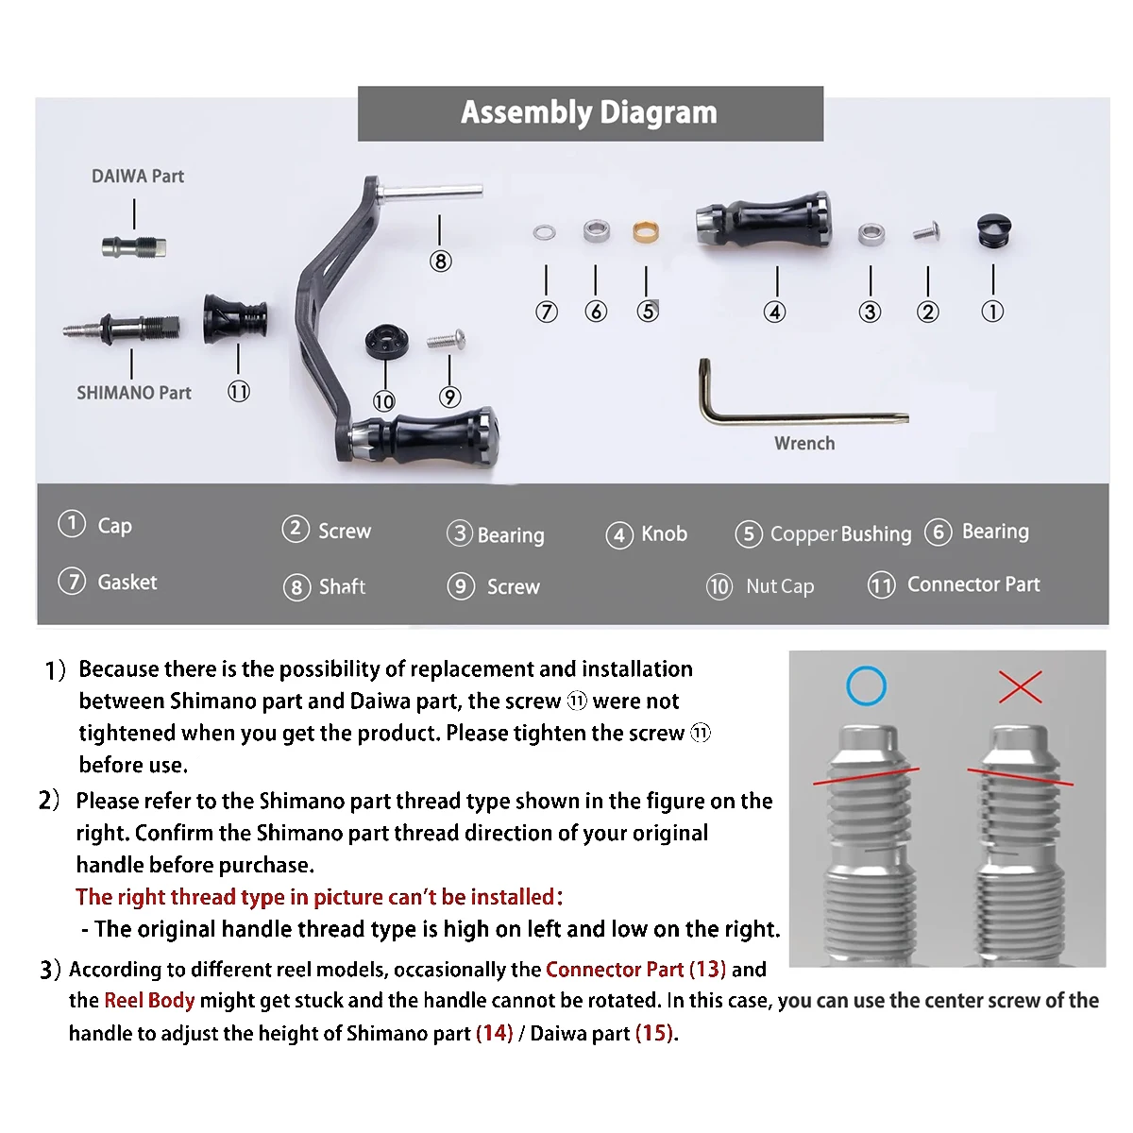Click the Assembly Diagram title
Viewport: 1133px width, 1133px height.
click(589, 112)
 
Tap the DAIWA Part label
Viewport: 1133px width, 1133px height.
click(138, 177)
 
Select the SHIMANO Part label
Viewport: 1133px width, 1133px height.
click(134, 393)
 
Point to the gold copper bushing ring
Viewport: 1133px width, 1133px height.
click(646, 231)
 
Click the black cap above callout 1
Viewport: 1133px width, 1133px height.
click(992, 229)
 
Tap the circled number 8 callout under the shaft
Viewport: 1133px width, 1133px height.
click(440, 262)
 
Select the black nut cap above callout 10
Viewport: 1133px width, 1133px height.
click(384, 341)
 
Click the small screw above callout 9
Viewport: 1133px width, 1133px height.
click(447, 338)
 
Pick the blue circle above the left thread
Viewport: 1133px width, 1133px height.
click(866, 686)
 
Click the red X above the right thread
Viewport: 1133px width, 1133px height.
click(1021, 687)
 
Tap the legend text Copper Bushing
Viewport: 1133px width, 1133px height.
click(840, 534)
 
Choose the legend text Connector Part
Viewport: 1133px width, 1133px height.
click(972, 585)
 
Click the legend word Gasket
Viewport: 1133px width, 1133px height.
click(127, 583)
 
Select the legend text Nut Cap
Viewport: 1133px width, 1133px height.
click(780, 587)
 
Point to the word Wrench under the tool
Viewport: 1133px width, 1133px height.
click(804, 444)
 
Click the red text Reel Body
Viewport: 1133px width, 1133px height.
click(149, 1001)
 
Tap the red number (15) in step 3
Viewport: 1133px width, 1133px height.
click(654, 1034)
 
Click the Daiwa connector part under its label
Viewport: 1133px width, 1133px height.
click(135, 247)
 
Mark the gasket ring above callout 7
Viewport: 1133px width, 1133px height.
click(545, 232)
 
